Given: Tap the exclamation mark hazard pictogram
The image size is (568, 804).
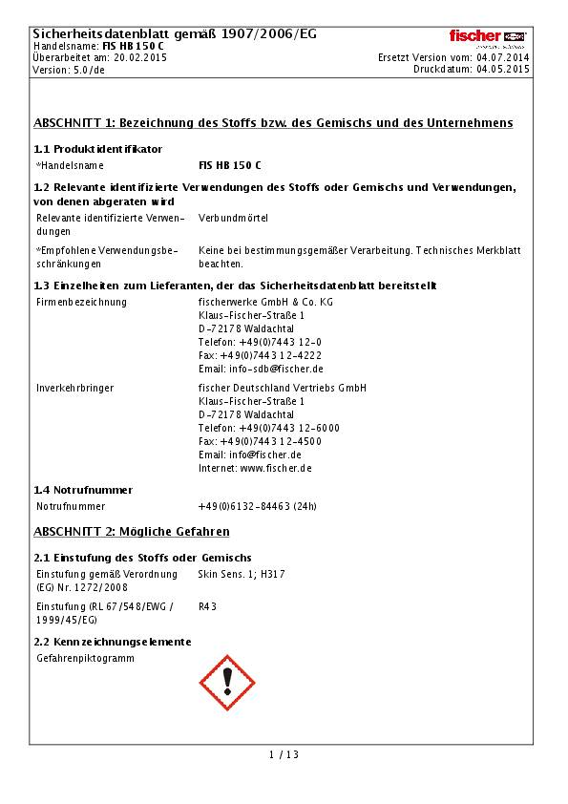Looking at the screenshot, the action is pyautogui.click(x=226, y=682).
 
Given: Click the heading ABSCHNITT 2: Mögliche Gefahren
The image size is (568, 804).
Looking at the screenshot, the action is pyautogui.click(x=132, y=531).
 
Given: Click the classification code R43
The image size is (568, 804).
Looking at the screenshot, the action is pyautogui.click(x=207, y=605).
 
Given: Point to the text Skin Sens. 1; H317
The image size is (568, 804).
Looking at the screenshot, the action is pyautogui.click(x=241, y=574).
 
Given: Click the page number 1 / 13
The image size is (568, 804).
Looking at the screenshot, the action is pyautogui.click(x=284, y=754).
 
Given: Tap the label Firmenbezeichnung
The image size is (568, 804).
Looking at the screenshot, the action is pyautogui.click(x=81, y=302).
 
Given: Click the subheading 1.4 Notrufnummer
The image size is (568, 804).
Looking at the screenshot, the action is pyautogui.click(x=83, y=490).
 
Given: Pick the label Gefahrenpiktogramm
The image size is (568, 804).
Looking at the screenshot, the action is pyautogui.click(x=85, y=658).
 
